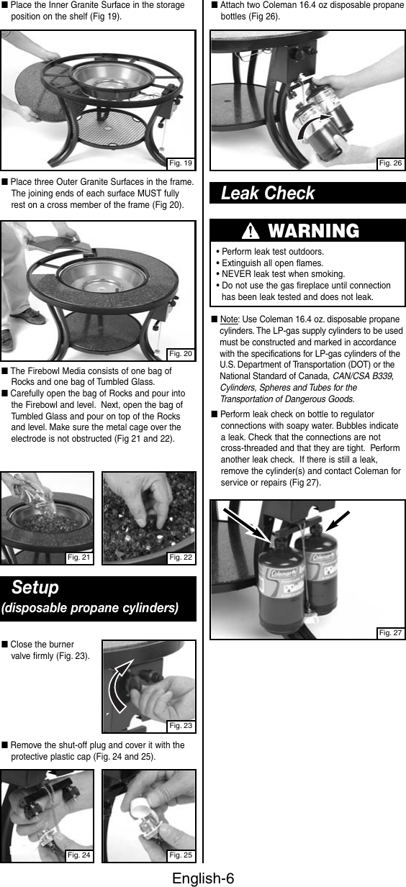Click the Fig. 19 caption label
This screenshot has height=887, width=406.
(180, 163)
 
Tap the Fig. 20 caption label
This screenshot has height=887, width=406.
(180, 353)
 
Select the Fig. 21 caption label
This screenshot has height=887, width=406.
(78, 557)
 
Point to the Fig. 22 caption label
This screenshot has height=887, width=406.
(181, 557)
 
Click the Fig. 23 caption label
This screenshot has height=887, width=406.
(181, 725)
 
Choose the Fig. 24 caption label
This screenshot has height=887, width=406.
(78, 855)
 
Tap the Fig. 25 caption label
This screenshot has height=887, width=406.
(181, 855)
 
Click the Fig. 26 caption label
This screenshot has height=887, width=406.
(391, 163)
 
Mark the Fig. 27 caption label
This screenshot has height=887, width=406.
(391, 632)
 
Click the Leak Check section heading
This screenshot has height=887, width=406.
(268, 194)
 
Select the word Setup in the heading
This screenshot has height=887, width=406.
(35, 588)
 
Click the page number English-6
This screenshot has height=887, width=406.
(203, 878)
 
